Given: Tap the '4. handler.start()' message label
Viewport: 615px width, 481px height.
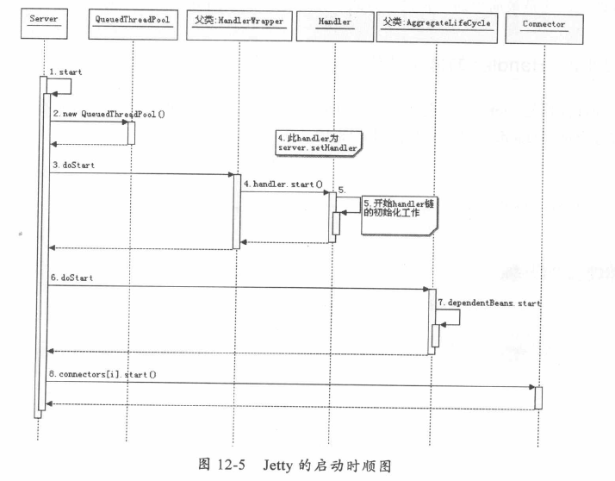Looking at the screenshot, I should pyautogui.click(x=283, y=184).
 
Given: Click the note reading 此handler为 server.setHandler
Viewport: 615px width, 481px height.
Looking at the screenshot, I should pyautogui.click(x=317, y=142).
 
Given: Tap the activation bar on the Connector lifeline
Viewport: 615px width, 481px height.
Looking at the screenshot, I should pyautogui.click(x=538, y=397).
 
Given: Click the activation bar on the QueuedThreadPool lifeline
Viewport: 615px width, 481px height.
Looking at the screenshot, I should pyautogui.click(x=132, y=132).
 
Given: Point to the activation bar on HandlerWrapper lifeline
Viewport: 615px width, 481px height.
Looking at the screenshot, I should pyautogui.click(x=237, y=210).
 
